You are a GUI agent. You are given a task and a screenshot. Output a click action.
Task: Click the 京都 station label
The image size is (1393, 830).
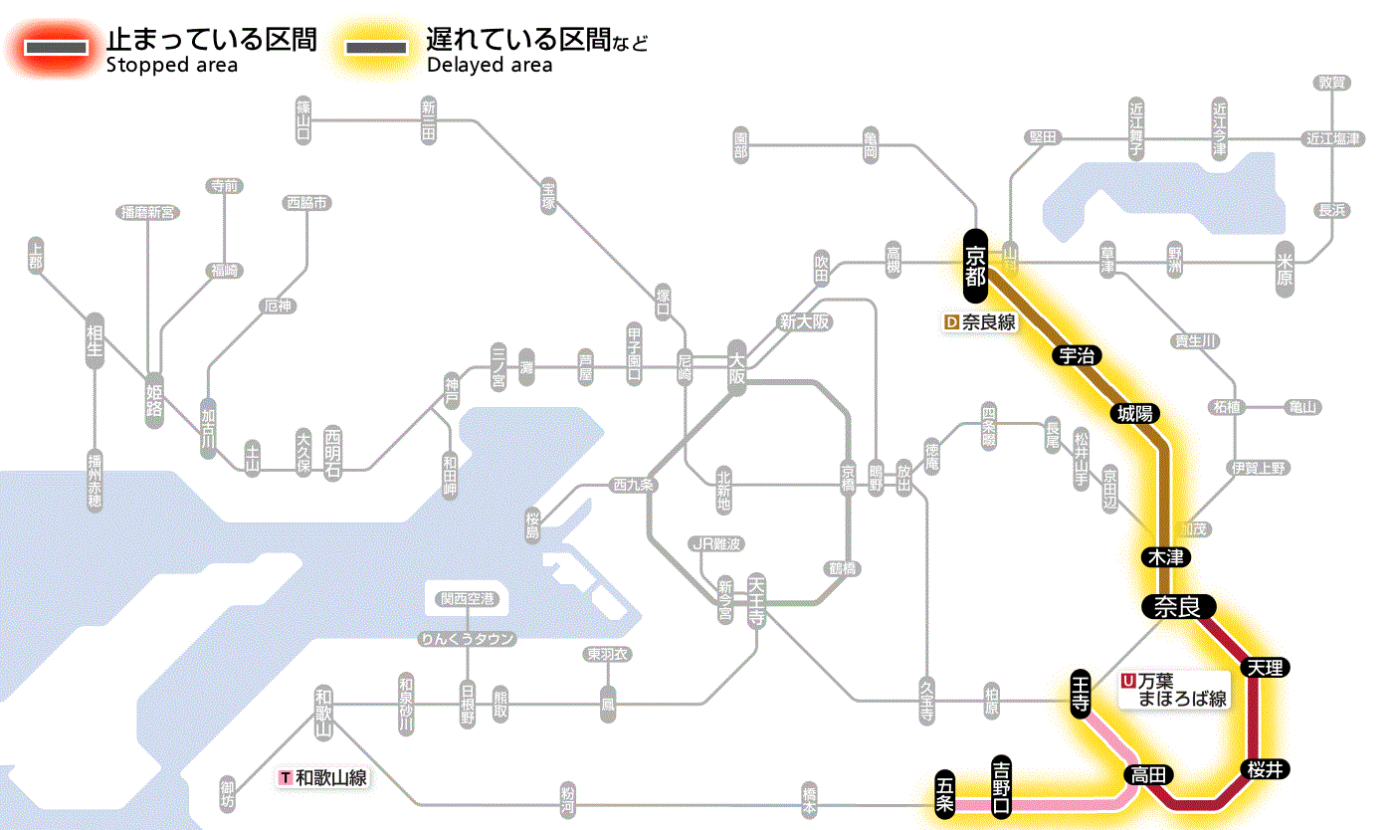[974, 266]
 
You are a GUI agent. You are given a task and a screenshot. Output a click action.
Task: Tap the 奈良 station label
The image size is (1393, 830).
[1178, 605]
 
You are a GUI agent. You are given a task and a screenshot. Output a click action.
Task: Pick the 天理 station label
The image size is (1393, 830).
[1265, 667]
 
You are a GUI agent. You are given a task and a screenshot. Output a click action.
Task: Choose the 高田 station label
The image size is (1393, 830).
[1149, 774]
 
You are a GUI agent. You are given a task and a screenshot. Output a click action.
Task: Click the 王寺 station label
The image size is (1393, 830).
[1082, 692]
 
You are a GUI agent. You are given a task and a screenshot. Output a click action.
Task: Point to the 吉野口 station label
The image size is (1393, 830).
[1002, 785]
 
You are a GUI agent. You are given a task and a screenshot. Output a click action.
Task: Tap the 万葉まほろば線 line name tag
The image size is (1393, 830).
[1175, 689]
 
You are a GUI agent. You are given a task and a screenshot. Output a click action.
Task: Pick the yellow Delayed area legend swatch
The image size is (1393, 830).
[375, 48]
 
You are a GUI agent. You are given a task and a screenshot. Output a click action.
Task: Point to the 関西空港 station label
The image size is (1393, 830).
[467, 598]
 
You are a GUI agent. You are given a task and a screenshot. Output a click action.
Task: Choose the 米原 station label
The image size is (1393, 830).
[1287, 267]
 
